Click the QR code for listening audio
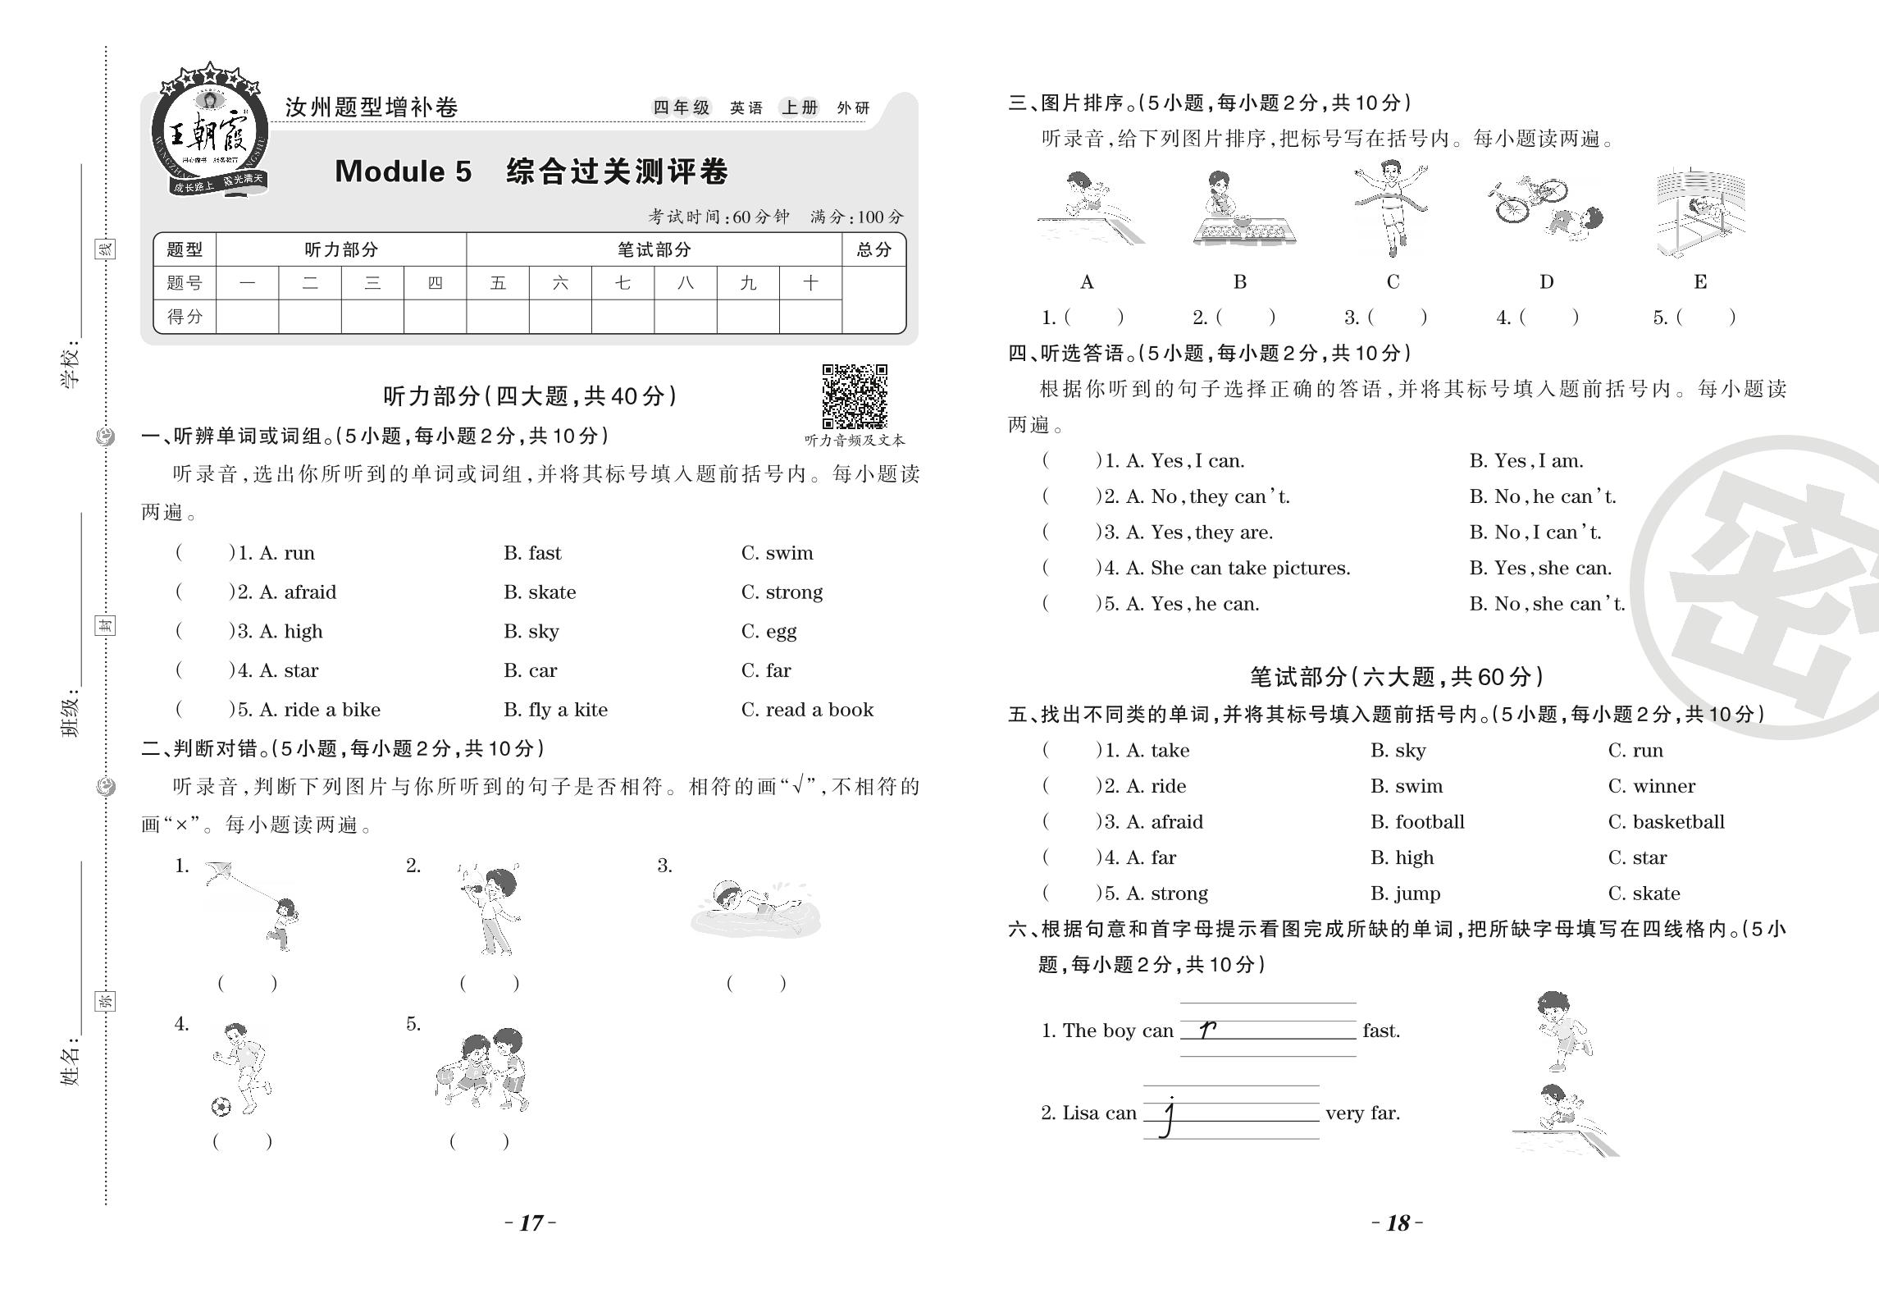(x=855, y=396)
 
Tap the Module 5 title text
(x=531, y=171)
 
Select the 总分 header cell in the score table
(x=873, y=249)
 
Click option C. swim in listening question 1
(x=777, y=553)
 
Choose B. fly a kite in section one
(x=555, y=710)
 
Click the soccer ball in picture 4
(x=221, y=1108)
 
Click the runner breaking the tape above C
(x=1392, y=205)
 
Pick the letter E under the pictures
(x=1700, y=282)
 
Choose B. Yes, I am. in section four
(x=1526, y=461)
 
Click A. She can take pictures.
(x=1238, y=568)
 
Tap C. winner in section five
(x=1651, y=786)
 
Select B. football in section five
(x=1416, y=822)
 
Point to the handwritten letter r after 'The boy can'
(x=1206, y=1030)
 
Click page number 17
(x=531, y=1223)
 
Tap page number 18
(x=1398, y=1223)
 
